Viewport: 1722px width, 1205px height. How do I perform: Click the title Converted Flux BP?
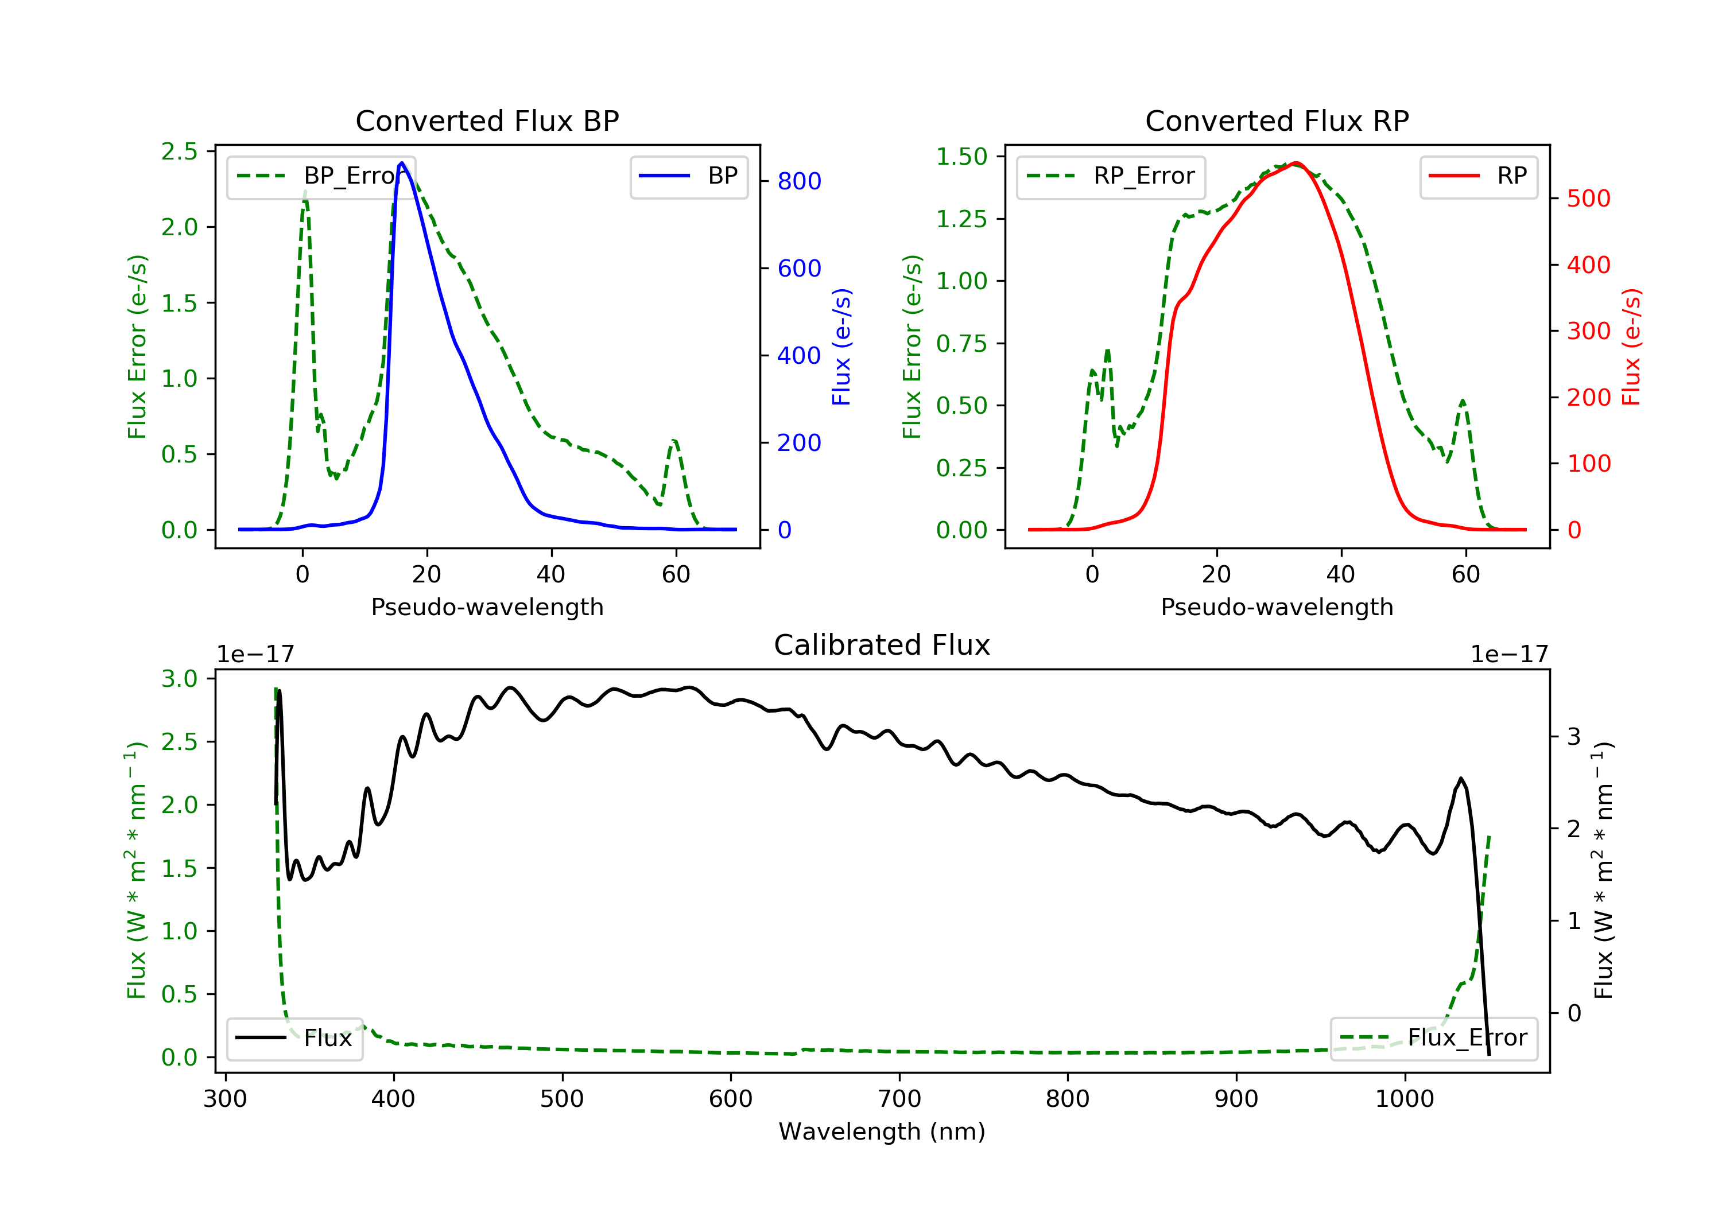coord(487,120)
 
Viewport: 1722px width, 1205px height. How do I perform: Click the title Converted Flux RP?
coord(1277,120)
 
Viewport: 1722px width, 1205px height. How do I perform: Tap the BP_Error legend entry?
coord(321,177)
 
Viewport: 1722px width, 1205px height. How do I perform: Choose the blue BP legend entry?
coord(688,177)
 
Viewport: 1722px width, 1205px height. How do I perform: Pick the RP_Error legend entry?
coord(1111,177)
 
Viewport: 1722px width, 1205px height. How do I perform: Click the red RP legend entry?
coord(1478,177)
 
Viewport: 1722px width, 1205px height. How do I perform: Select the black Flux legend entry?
coord(295,1039)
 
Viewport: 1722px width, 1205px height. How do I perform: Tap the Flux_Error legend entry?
coord(1433,1039)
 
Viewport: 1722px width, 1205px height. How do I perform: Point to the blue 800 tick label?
coord(799,181)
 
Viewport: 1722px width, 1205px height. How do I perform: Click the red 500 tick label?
coord(1588,199)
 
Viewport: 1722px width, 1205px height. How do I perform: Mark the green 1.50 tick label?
coord(961,157)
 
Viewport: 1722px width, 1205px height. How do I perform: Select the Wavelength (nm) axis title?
coord(882,1132)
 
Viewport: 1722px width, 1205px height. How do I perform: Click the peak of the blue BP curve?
coord(402,163)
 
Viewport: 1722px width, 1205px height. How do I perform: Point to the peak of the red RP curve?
coord(1296,163)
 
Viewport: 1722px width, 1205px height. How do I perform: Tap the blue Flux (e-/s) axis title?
coord(841,347)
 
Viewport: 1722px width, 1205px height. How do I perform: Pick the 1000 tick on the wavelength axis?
coord(1404,1099)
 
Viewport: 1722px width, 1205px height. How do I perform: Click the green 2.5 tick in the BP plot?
coord(179,151)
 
